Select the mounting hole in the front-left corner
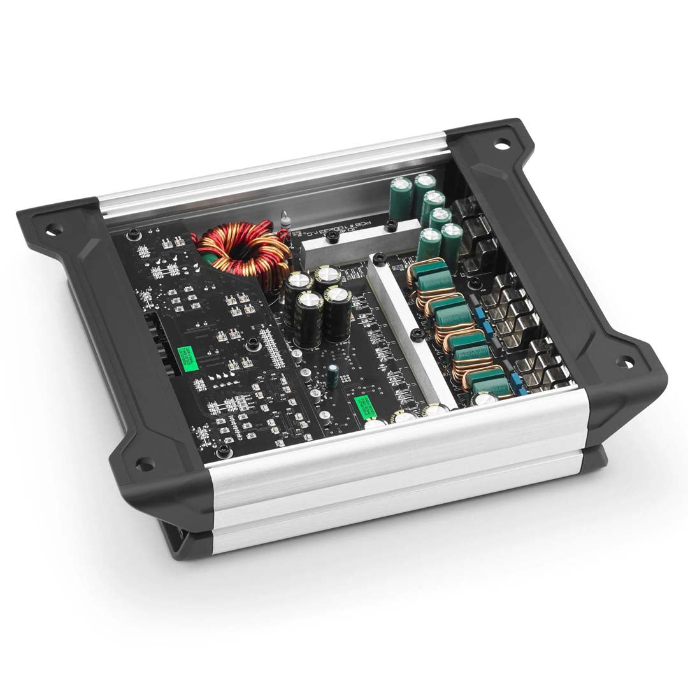145,461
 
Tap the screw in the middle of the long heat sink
416,334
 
